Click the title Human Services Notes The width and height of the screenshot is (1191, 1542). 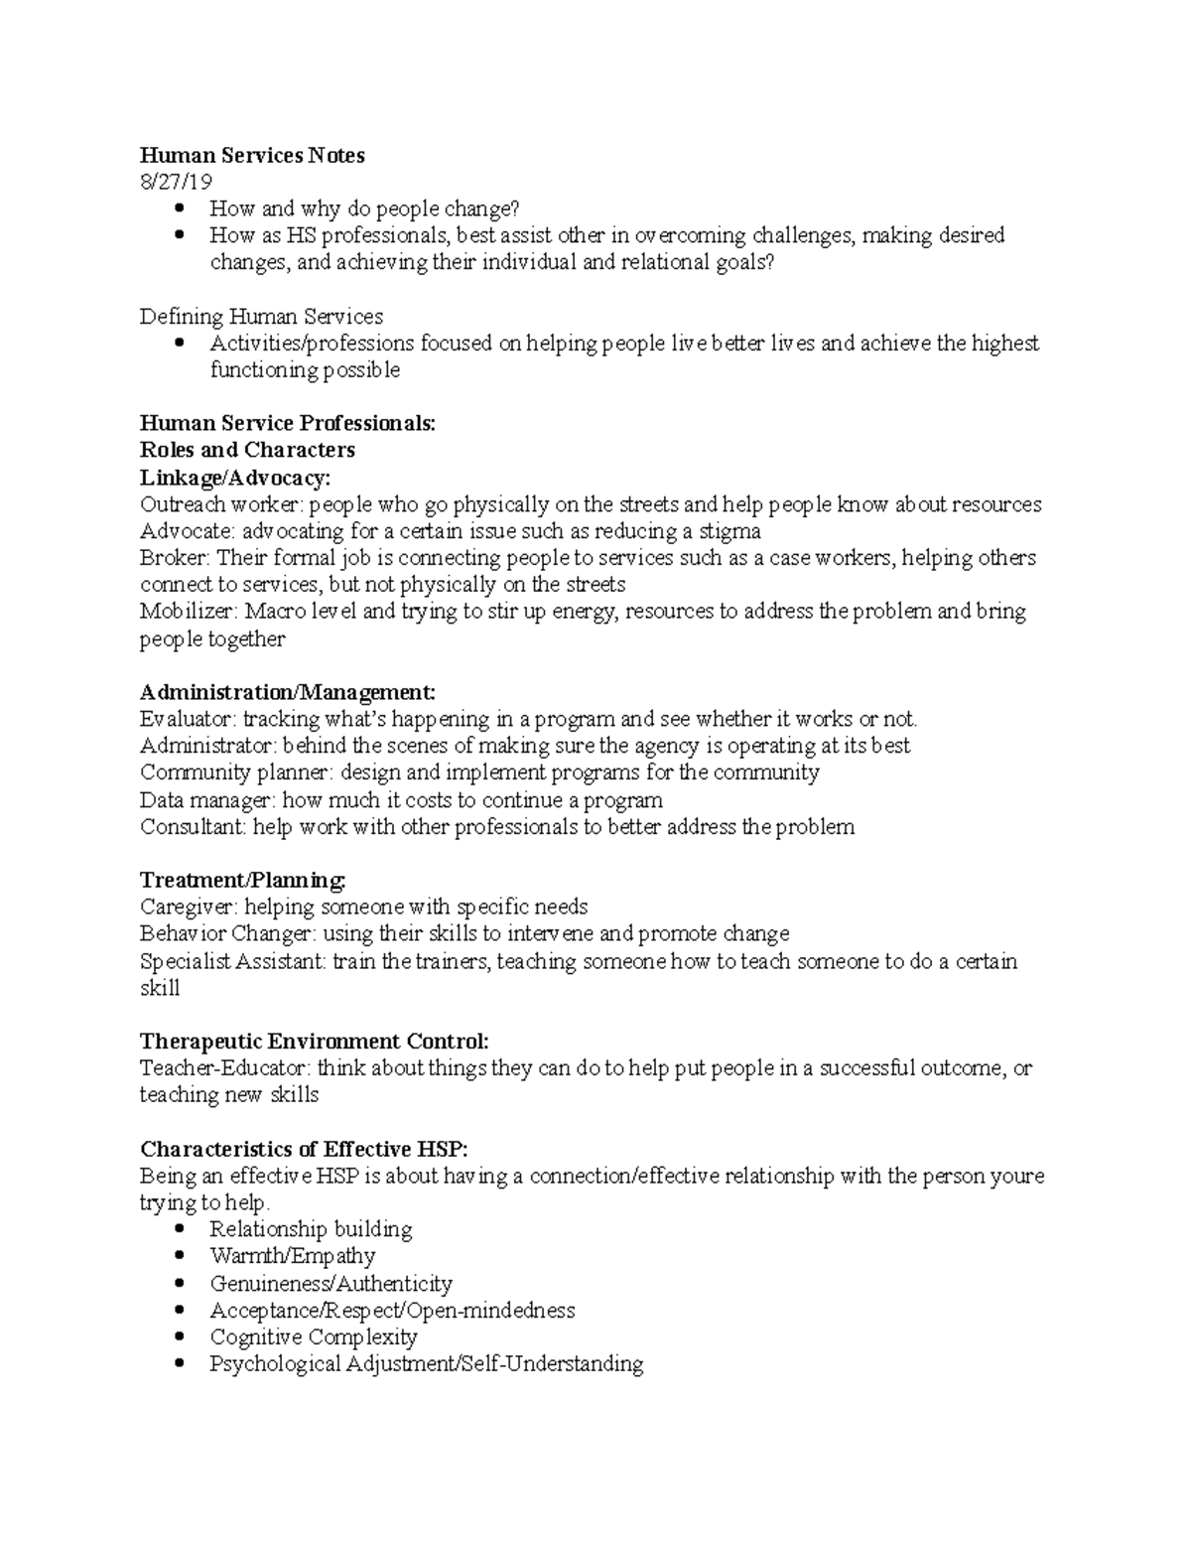[252, 155]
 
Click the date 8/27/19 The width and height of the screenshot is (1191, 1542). [176, 182]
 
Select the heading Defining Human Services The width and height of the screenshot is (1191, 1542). [261, 317]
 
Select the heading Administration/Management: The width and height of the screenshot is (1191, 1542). [288, 692]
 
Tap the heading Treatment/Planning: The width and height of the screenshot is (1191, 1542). [243, 881]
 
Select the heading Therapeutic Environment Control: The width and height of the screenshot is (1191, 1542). [315, 1042]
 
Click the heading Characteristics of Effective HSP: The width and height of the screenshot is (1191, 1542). [303, 1150]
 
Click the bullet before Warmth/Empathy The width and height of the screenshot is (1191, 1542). [179, 1256]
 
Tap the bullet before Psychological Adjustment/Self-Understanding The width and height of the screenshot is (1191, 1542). [179, 1363]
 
